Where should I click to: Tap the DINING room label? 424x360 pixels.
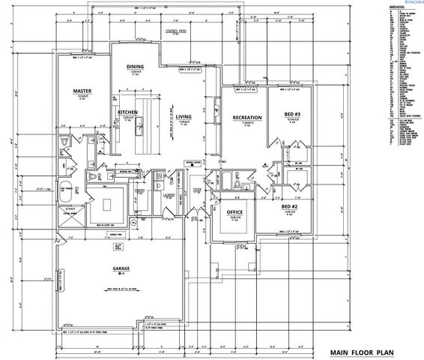pyautogui.click(x=135, y=67)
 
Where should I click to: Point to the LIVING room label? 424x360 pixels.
pyautogui.click(x=184, y=117)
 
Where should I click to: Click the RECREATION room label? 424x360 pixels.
pyautogui.click(x=246, y=118)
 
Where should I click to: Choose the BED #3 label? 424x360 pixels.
pyautogui.click(x=294, y=115)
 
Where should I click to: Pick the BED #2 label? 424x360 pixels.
pyautogui.click(x=291, y=205)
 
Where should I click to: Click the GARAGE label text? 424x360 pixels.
pyautogui.click(x=123, y=269)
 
